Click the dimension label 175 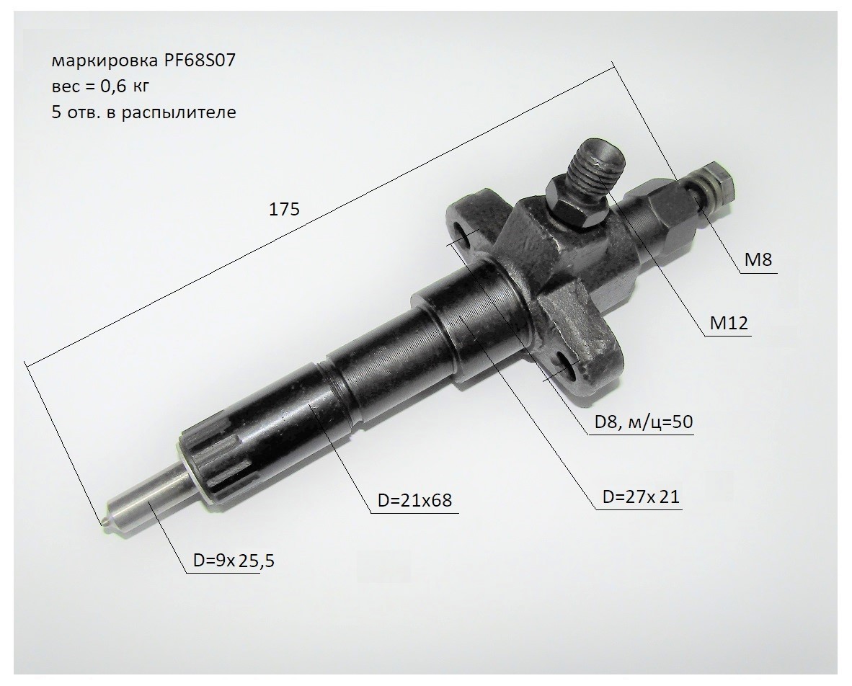pos(284,209)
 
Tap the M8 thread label pos(758,259)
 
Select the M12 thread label pos(729,323)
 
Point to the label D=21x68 pos(414,499)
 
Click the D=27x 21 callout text pos(642,496)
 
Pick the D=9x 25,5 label pos(234,561)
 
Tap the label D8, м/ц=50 pos(644,422)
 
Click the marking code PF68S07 pos(200,61)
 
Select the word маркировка pos(105,61)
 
